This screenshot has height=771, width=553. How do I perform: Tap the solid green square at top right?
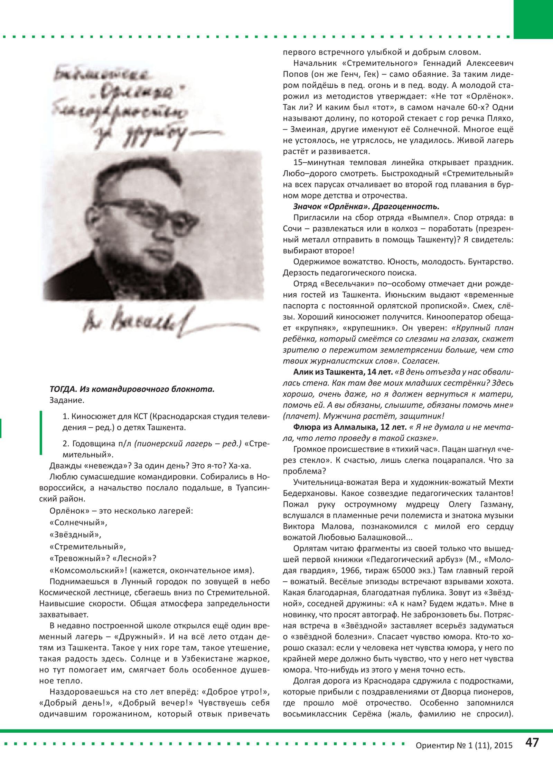[533, 19]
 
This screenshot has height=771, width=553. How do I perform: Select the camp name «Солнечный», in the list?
[78, 523]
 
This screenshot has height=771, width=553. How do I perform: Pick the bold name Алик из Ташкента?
[343, 372]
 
